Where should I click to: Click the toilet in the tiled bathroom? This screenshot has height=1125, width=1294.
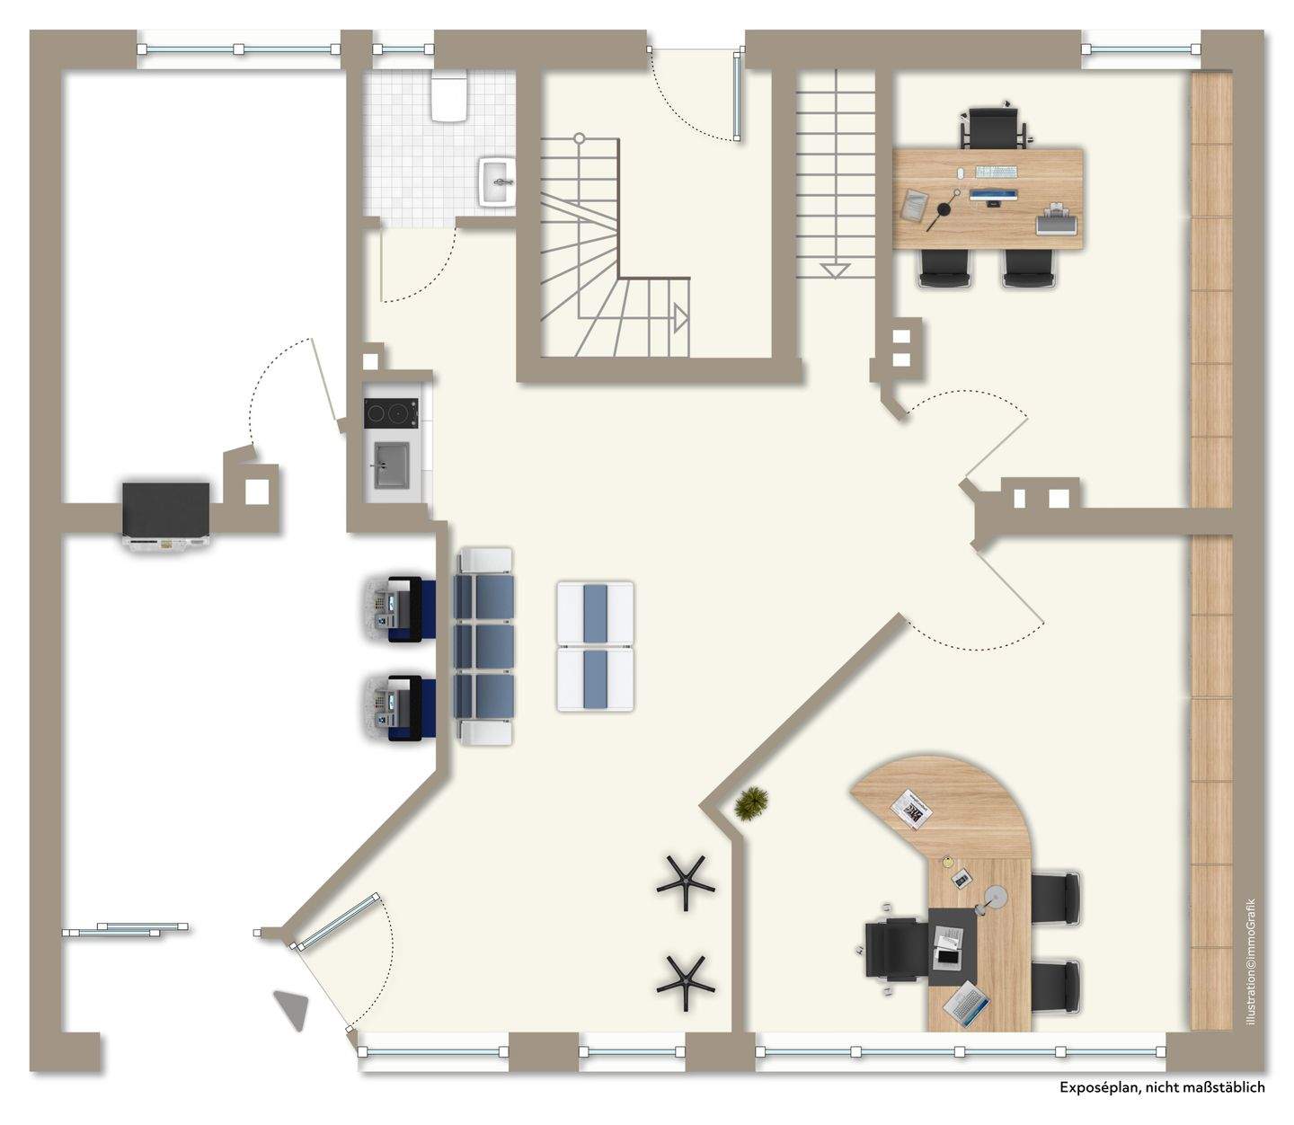pos(448,97)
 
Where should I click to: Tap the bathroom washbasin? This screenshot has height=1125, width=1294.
pos(497,182)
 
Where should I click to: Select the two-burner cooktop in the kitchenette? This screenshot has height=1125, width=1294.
pos(390,412)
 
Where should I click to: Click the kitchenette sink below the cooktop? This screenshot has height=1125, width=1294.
pos(390,465)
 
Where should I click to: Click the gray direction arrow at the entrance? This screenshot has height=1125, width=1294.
pos(292,1010)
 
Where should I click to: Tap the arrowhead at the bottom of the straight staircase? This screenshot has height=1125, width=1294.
pos(835,269)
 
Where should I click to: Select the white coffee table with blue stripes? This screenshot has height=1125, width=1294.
pos(595,646)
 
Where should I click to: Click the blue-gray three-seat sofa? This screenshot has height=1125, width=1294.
pos(485,646)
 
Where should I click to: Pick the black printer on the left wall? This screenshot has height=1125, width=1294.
pos(166,514)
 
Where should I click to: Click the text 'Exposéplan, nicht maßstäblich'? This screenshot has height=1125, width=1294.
pos(1161,1087)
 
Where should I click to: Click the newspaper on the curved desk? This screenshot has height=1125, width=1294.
pos(911,811)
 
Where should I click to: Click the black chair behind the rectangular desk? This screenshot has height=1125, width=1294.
pos(993,126)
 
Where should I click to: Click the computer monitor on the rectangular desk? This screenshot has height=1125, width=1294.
pos(993,196)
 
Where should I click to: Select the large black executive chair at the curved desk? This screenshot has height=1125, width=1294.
pos(893,953)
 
